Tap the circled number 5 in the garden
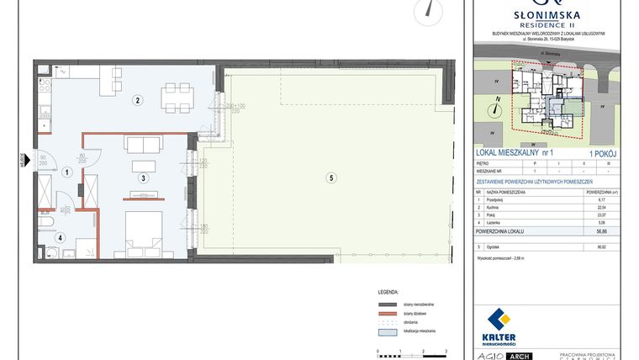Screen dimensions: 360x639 pos(332,177)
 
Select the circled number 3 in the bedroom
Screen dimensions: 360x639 pos(144,178)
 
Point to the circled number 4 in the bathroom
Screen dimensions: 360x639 pos(61,237)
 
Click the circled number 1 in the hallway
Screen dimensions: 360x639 pos(66,172)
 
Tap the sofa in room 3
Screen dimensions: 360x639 pos(143,144)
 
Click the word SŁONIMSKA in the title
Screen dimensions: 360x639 pos(547,14)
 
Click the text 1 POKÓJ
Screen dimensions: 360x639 pos(604,152)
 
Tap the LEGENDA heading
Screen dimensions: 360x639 pos(388,290)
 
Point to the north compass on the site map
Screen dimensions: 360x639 pos(497,106)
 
